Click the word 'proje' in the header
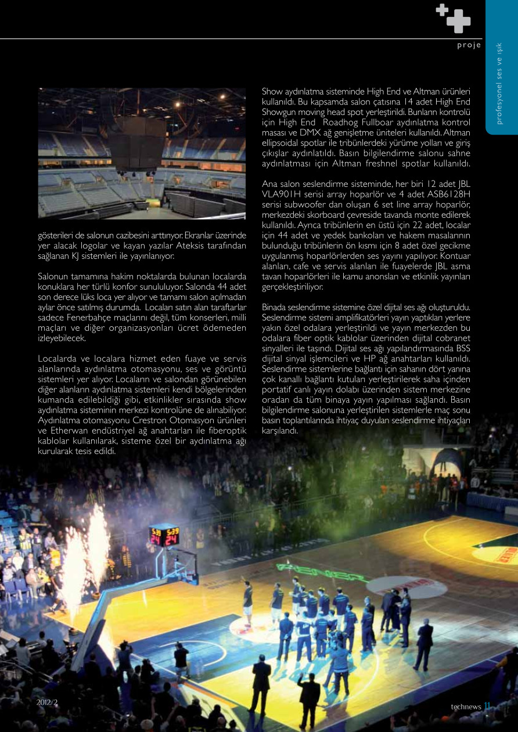click(x=469, y=45)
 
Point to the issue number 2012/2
click(x=47, y=702)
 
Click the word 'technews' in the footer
click(x=466, y=706)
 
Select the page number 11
click(x=488, y=706)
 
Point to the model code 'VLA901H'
click(x=282, y=194)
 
